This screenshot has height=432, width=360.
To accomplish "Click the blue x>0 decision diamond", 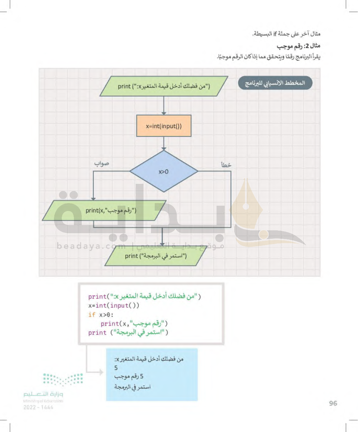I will [x=164, y=171].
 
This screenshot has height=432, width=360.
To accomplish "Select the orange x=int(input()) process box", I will [x=164, y=126].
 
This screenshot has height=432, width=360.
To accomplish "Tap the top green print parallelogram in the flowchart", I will [x=164, y=86].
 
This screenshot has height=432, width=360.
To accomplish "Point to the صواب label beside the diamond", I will [x=102, y=164].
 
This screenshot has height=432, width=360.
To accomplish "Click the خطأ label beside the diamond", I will [x=226, y=165].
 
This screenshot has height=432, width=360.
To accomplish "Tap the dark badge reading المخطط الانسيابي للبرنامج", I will [x=275, y=83].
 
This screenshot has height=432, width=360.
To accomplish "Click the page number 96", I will [x=333, y=403].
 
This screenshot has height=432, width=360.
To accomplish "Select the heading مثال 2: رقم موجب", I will [x=298, y=46].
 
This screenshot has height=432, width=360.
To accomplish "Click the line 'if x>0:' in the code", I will [x=101, y=315].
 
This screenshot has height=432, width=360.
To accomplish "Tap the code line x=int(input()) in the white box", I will [x=114, y=306].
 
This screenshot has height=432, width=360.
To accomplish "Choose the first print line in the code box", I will [x=144, y=296].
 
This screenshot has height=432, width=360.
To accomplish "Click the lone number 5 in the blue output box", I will [x=116, y=368].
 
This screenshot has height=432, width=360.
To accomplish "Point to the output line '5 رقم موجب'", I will [x=129, y=376].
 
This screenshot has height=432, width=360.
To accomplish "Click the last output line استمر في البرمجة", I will [x=133, y=387].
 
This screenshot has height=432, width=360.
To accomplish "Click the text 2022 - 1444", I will [x=38, y=407].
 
